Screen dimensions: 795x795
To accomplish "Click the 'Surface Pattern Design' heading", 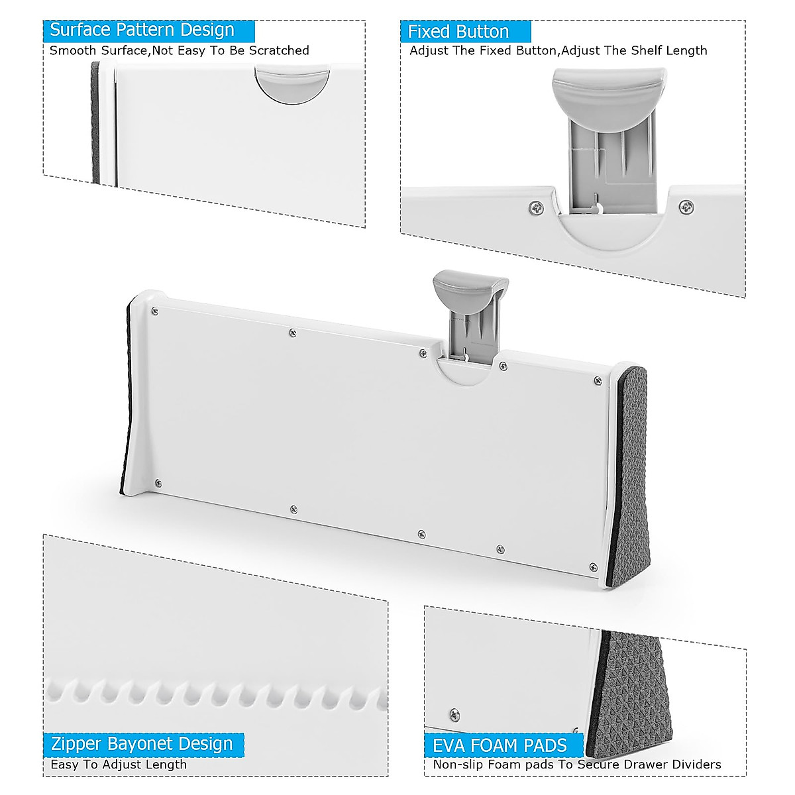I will click(x=142, y=30).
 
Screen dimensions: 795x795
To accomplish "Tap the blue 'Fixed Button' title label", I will click(x=458, y=32).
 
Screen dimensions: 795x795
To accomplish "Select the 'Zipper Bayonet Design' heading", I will click(x=142, y=743).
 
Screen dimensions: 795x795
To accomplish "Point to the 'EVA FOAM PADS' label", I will click(x=500, y=745).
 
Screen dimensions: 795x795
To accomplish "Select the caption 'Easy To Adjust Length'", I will click(x=119, y=764).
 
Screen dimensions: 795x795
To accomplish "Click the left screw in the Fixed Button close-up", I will click(x=536, y=209).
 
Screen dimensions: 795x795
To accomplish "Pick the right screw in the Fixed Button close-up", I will click(x=686, y=207).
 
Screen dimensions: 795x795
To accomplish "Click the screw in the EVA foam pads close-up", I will click(x=455, y=714).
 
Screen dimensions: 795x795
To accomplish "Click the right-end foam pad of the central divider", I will click(x=631, y=470).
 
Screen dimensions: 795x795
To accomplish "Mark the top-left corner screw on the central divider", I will click(x=154, y=311).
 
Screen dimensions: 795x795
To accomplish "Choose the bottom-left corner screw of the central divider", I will click(x=158, y=483).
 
